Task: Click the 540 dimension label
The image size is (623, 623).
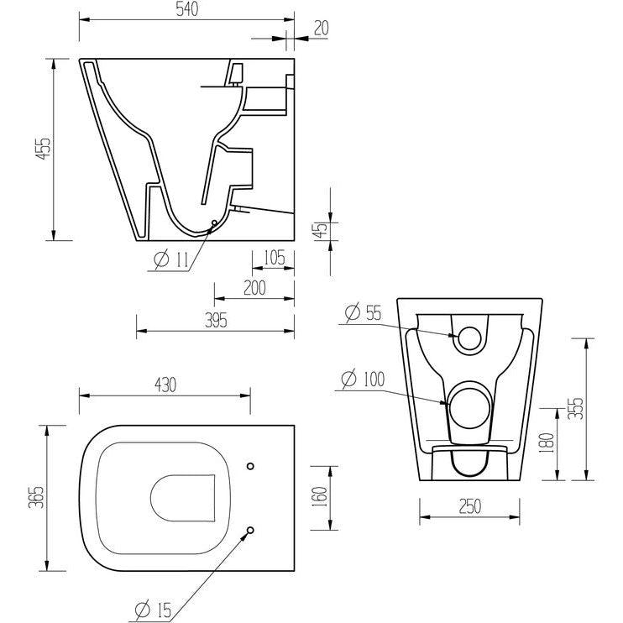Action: [x=186, y=9]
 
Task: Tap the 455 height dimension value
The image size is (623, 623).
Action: [x=44, y=149]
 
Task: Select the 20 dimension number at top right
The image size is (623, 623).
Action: [x=322, y=29]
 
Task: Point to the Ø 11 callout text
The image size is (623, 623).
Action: [x=170, y=259]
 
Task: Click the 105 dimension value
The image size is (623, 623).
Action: [x=275, y=258]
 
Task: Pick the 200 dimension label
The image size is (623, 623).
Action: [x=254, y=288]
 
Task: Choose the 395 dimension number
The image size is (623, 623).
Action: [x=216, y=320]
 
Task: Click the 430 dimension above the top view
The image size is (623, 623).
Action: [x=165, y=385]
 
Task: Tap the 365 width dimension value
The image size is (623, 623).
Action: [x=36, y=497]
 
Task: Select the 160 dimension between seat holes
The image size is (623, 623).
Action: [x=319, y=497]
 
